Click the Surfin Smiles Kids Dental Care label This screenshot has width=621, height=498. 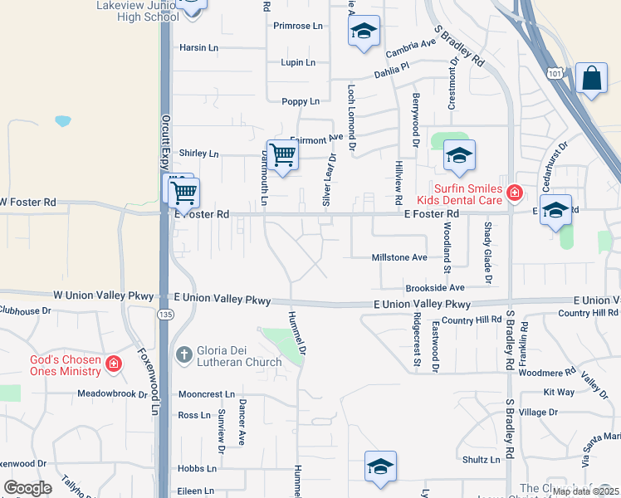(469, 193)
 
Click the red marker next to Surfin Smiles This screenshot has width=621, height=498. (516, 193)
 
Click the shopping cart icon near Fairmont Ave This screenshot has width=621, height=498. (283, 154)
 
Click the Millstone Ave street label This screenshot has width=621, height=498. (400, 257)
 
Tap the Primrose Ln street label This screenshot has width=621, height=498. (297, 26)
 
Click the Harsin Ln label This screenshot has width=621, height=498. (198, 47)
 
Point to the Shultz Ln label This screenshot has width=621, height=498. (482, 459)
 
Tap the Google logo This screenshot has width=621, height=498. (27, 488)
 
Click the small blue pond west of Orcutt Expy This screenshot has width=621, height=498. (63, 121)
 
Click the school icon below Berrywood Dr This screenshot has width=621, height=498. (459, 154)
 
